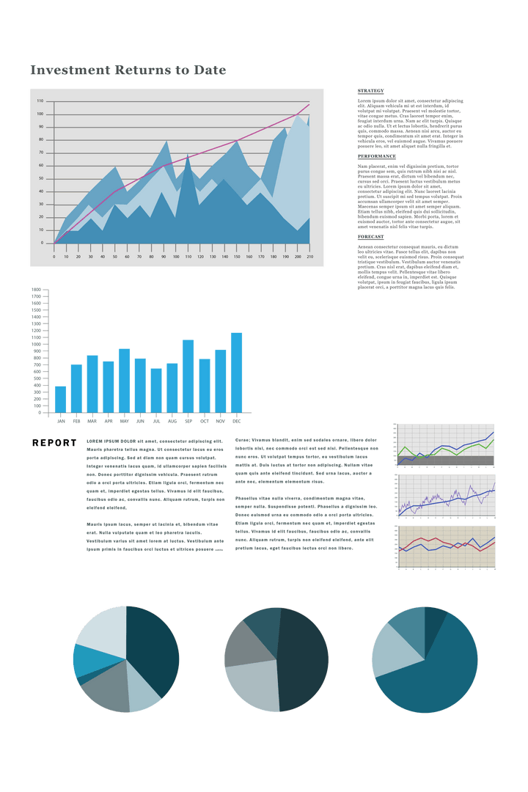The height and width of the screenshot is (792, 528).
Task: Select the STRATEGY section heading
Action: [371, 90]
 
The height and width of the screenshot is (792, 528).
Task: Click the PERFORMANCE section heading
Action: [377, 156]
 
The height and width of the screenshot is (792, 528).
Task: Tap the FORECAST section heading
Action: [371, 237]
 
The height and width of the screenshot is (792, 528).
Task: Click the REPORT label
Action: [54, 444]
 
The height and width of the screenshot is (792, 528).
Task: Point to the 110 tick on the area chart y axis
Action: [40, 101]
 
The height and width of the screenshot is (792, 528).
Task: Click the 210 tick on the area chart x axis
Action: [310, 257]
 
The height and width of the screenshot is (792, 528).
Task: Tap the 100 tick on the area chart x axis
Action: [176, 257]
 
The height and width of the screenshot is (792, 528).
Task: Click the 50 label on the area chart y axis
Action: [40, 178]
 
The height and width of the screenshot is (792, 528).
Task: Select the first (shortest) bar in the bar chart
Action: [60, 399]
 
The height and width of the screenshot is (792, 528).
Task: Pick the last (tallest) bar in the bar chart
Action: [236, 372]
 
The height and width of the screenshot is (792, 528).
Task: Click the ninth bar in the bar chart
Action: [188, 375]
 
